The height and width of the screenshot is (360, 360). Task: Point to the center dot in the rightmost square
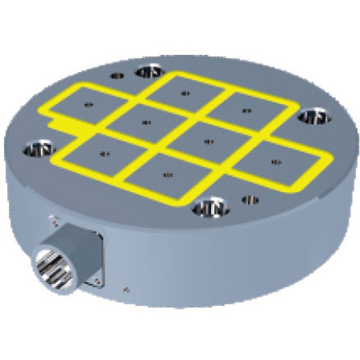[x=275, y=161]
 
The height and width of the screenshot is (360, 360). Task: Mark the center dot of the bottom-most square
[x=168, y=175]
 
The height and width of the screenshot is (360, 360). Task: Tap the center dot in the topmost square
[x=184, y=93]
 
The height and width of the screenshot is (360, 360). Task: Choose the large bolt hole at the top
[x=150, y=71]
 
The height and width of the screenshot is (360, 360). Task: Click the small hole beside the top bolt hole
[x=117, y=76]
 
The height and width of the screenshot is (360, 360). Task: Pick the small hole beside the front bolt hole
[x=250, y=199]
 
